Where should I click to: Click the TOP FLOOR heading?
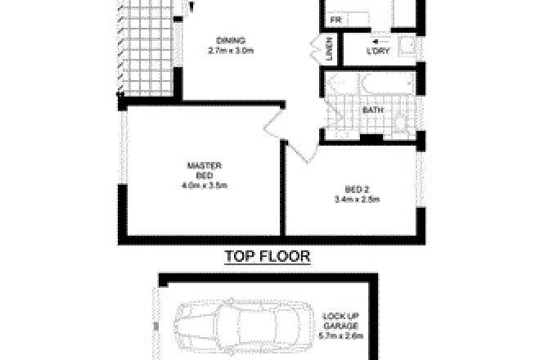click(x=268, y=257)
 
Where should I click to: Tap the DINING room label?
click(x=231, y=42)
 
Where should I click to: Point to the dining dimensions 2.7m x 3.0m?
click(x=231, y=52)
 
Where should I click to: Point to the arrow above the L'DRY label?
click(x=376, y=40)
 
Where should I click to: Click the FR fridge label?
click(x=335, y=20)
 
